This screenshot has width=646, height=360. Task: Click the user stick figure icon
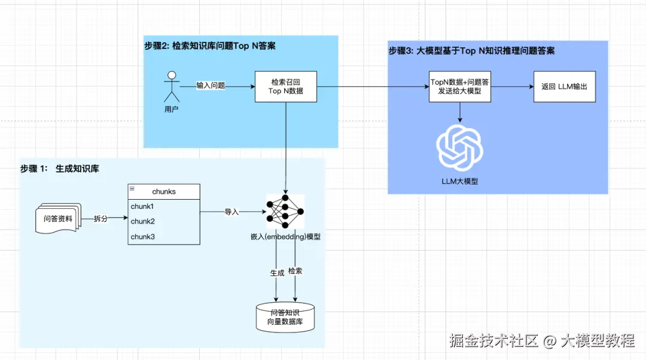(172, 87)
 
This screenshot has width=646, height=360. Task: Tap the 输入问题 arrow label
(211, 86)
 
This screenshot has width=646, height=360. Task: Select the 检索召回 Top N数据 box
(286, 87)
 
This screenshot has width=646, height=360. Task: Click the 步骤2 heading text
(210, 46)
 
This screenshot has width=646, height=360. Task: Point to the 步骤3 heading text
(471, 51)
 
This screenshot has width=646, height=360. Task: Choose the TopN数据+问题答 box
(460, 87)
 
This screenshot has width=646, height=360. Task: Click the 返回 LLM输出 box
(564, 87)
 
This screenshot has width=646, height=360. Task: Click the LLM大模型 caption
(459, 181)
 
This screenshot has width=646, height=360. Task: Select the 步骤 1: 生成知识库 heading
(60, 169)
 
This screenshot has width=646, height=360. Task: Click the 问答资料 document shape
(57, 219)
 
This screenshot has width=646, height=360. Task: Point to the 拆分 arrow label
(101, 219)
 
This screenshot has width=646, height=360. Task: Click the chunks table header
(164, 191)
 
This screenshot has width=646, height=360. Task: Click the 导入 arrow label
(231, 212)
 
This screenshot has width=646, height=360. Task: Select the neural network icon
(285, 212)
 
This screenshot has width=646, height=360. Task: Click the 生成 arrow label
(277, 273)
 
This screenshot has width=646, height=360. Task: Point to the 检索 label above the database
(295, 271)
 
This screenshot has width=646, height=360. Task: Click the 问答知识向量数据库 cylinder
(285, 317)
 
